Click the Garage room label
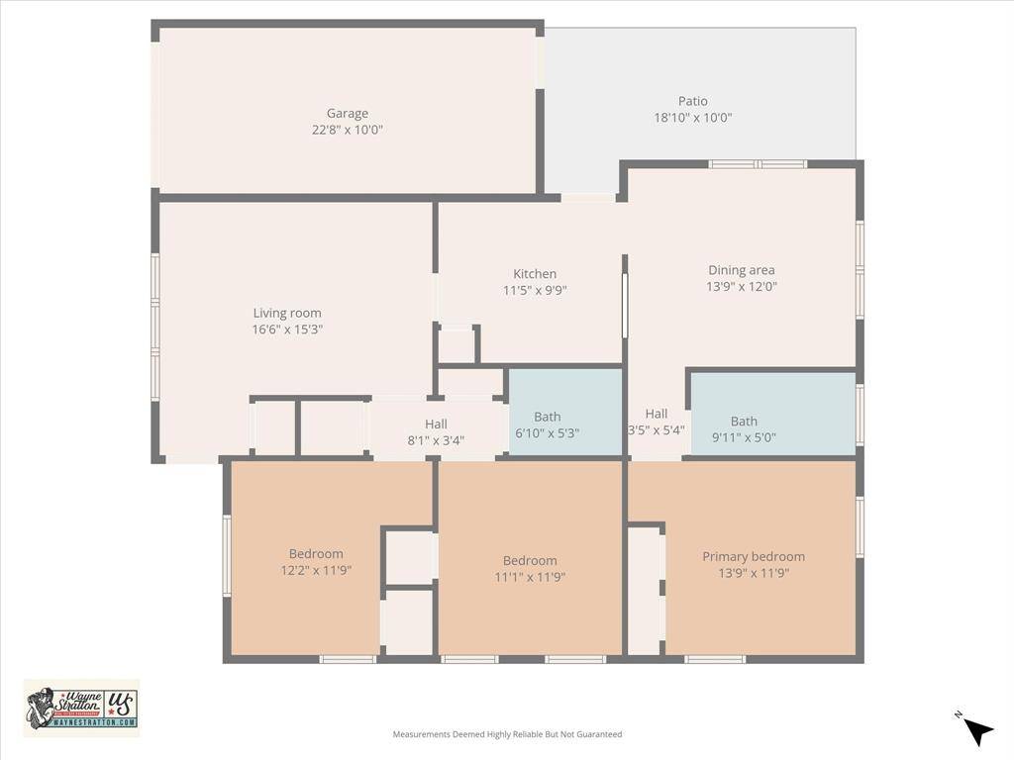point(347,113)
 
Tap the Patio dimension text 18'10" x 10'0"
point(692,118)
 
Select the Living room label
point(287,313)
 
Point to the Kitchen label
point(535,274)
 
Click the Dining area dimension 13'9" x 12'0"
point(741,287)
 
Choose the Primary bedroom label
point(753,556)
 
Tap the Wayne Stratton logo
point(81,708)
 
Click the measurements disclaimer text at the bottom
point(507,734)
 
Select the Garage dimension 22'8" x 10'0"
point(347,130)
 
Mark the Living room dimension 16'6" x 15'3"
point(287,330)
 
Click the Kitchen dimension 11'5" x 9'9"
point(535,291)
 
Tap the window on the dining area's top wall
point(758,164)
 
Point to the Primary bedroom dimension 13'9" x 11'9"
point(753,573)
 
